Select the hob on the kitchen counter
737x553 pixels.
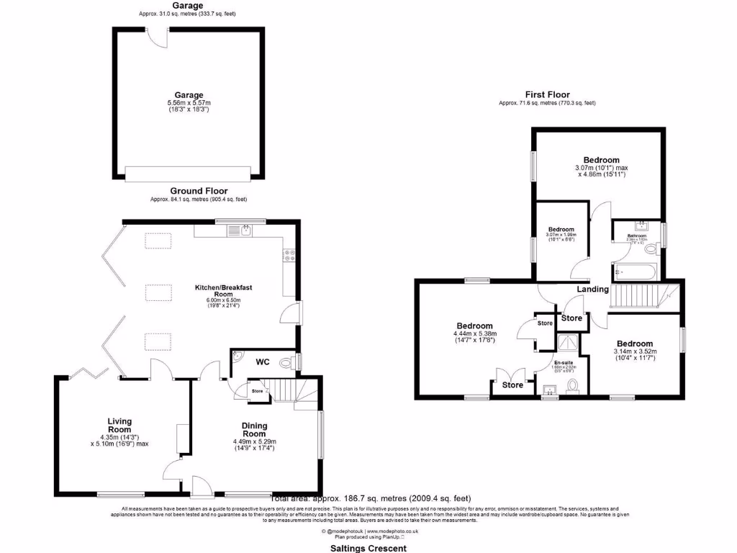tap(291, 254)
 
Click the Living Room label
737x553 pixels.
tap(119, 425)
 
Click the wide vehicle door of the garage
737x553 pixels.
tap(188, 174)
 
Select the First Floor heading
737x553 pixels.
tap(547, 94)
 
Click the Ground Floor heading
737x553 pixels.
tap(199, 191)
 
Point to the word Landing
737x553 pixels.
tap(592, 289)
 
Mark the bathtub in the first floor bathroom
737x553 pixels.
tap(635, 272)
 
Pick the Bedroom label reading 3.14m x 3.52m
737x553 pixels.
tap(634, 344)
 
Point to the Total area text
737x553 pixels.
tap(370, 498)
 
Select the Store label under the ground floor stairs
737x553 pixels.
tap(257, 391)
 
